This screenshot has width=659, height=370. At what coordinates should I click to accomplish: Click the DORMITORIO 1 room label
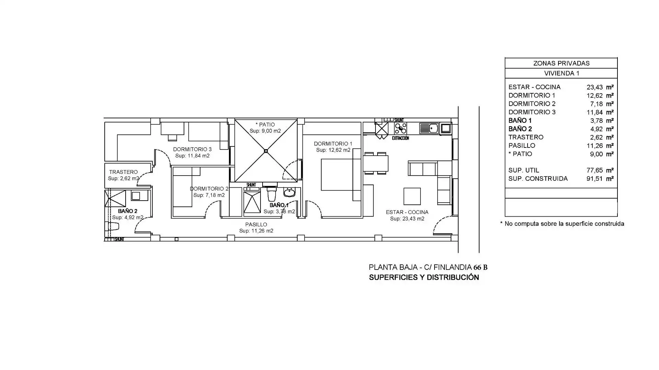click(x=333, y=144)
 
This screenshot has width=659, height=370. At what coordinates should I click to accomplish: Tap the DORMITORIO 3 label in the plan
click(x=192, y=149)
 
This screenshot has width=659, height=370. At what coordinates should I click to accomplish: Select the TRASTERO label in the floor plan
click(x=123, y=172)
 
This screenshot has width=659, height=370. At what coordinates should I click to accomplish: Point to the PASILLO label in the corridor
click(x=256, y=225)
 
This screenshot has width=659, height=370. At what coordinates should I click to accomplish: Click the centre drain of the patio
click(x=266, y=151)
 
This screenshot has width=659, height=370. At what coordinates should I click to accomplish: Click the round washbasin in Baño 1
click(x=289, y=192)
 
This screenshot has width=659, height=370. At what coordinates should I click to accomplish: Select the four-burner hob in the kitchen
click(x=401, y=128)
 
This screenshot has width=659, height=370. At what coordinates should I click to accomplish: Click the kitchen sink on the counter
click(x=429, y=128)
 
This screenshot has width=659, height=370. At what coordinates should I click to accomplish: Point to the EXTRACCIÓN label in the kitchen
click(x=401, y=138)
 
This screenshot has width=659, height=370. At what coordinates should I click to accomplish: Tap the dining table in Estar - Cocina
click(x=376, y=163)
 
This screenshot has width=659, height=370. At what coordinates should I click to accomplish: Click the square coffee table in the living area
click(x=412, y=196)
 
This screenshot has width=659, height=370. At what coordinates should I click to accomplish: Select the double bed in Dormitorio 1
click(x=337, y=175)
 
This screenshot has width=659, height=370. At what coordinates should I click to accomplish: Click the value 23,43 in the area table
click(x=594, y=87)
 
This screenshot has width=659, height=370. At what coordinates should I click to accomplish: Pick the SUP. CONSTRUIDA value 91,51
click(x=594, y=179)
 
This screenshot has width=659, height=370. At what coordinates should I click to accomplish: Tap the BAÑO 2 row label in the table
click(x=520, y=129)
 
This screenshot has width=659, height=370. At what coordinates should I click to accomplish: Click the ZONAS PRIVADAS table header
click(x=561, y=63)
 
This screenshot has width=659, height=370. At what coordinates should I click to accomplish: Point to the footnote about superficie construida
click(x=562, y=224)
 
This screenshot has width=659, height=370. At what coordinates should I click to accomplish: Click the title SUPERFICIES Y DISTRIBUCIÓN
click(x=424, y=277)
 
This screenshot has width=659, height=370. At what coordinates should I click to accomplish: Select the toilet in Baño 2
click(x=113, y=226)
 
